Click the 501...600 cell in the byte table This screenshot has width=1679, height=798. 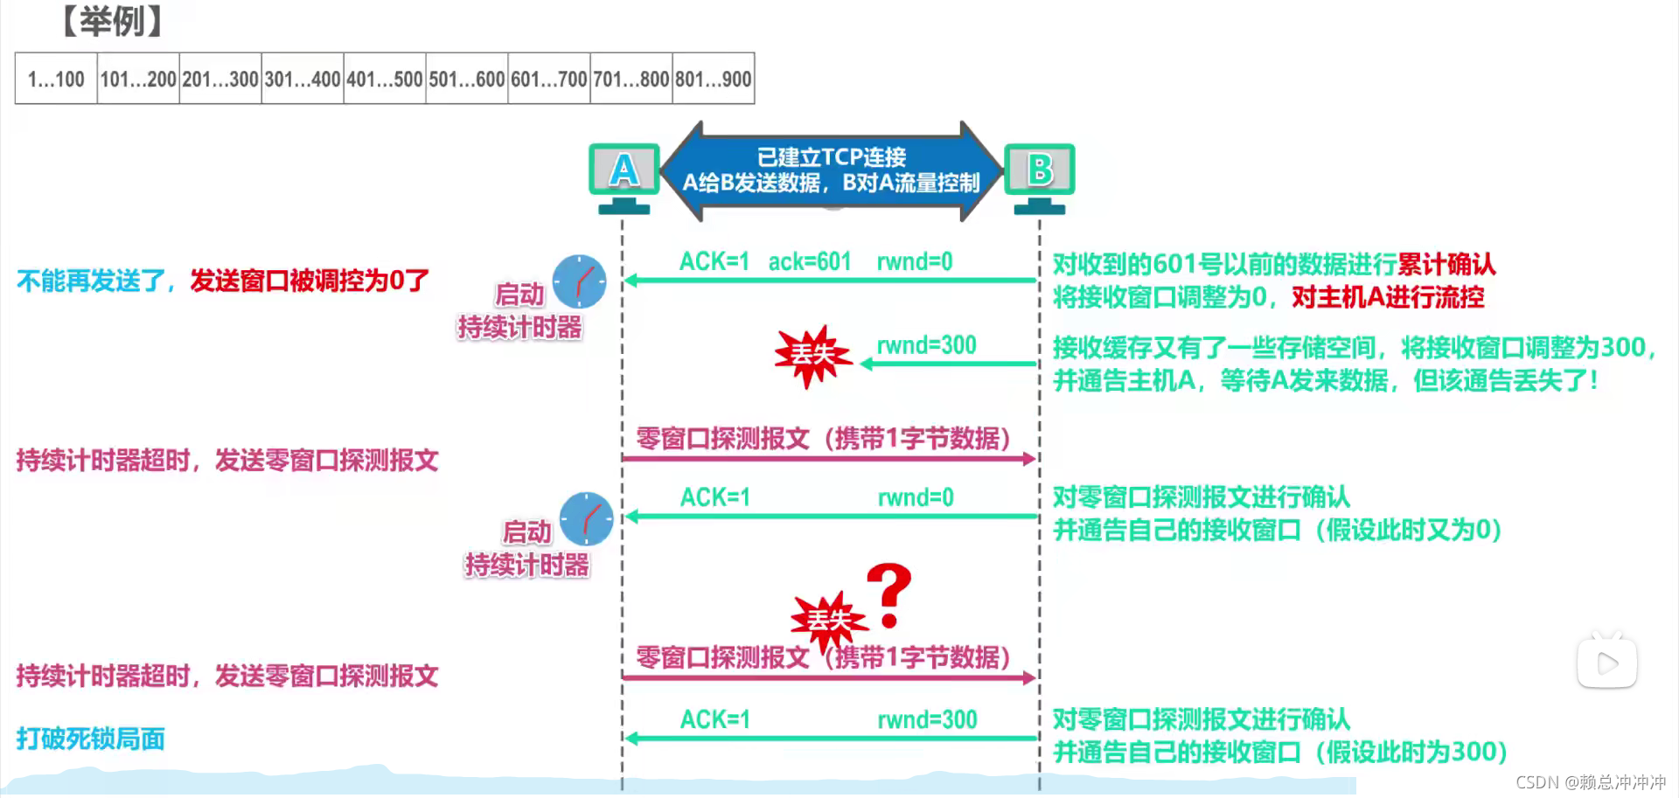coord(467,80)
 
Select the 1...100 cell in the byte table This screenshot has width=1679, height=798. coord(56,80)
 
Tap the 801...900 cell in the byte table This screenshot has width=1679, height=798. coord(714,80)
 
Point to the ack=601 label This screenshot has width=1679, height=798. coord(809,261)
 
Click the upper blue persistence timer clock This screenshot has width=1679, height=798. coord(579,281)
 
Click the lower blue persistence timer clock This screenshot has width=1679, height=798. coord(586,519)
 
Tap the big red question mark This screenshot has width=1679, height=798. coord(889,595)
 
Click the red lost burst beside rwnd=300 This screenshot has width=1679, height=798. coord(812,355)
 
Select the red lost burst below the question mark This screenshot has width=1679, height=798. coord(828,621)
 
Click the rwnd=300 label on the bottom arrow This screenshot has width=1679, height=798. coord(927,719)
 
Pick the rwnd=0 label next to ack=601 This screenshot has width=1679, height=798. coord(915,261)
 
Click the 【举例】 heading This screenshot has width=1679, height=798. coord(112,21)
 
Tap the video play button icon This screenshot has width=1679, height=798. coord(1606,663)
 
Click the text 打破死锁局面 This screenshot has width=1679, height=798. coord(91,739)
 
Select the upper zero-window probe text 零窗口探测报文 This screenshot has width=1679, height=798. coord(722,438)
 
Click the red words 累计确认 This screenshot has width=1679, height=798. coord(1446,264)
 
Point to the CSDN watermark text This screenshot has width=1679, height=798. coord(1590,782)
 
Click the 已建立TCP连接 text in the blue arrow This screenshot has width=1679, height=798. coord(831,157)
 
